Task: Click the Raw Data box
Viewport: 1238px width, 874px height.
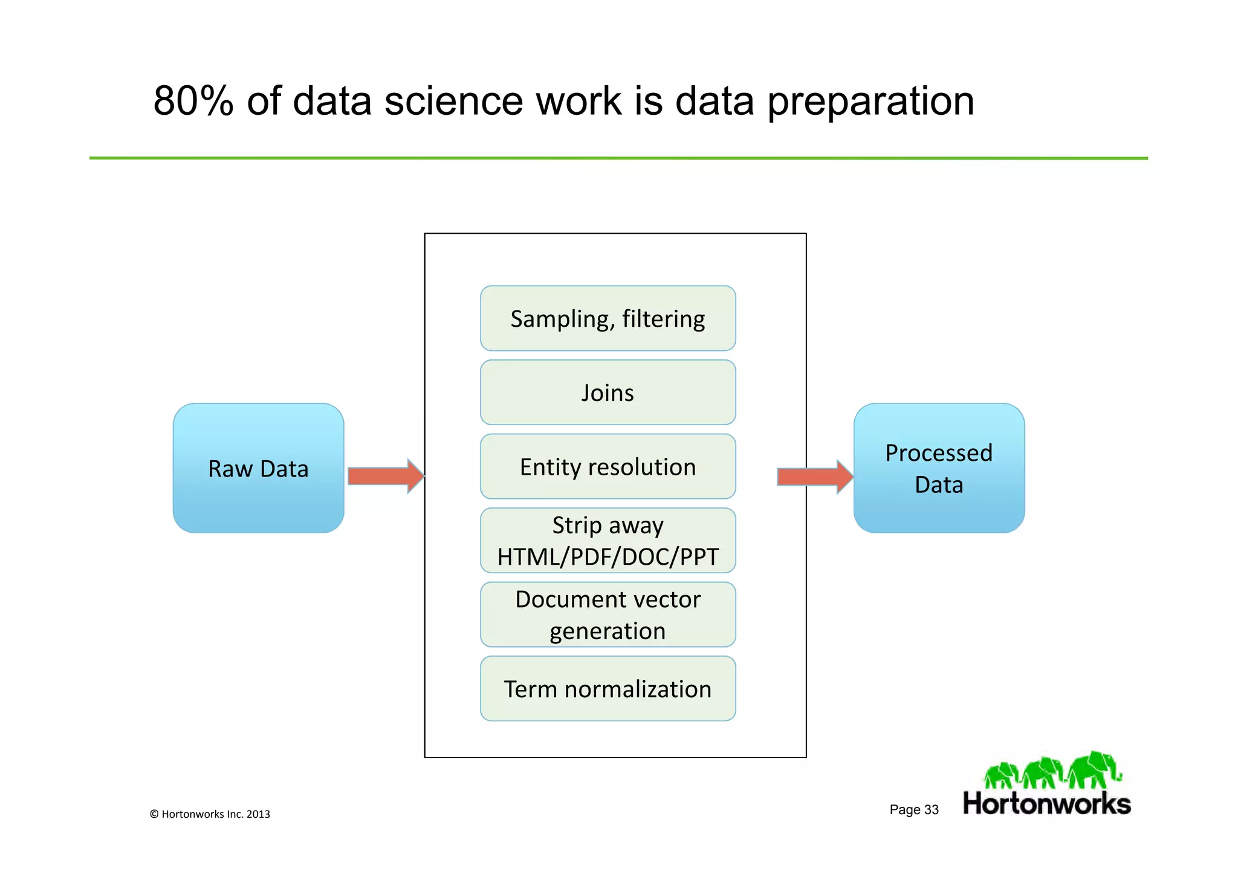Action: click(258, 468)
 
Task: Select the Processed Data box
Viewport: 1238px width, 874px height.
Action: click(939, 468)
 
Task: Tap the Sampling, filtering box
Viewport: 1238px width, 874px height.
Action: click(608, 318)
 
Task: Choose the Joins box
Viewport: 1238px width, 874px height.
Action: click(608, 393)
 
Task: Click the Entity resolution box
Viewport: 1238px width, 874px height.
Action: click(608, 466)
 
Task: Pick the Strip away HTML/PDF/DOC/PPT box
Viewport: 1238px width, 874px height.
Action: click(608, 541)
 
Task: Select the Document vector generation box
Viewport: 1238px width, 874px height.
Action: click(608, 614)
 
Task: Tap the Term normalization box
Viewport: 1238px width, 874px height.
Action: click(608, 689)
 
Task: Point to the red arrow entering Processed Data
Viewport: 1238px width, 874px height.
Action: click(814, 477)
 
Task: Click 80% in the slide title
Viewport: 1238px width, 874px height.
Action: click(193, 101)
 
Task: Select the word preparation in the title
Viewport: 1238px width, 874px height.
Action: click(870, 101)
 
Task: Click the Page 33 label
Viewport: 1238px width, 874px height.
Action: click(913, 809)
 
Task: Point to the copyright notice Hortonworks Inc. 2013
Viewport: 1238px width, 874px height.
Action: click(210, 814)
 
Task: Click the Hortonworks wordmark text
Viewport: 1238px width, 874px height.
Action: click(1046, 804)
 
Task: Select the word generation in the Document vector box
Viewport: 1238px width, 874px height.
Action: click(608, 631)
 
